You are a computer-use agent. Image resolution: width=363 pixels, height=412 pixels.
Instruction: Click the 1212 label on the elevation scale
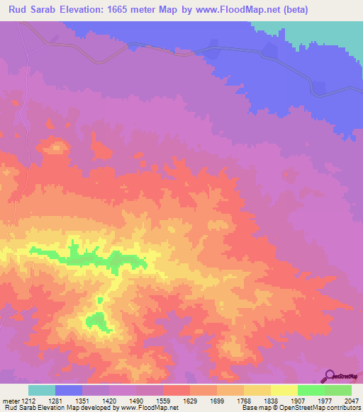(x=25, y=401)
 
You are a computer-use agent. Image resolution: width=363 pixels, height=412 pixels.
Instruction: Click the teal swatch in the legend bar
(x=41, y=390)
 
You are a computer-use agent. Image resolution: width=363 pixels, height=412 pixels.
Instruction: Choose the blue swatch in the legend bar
(x=69, y=390)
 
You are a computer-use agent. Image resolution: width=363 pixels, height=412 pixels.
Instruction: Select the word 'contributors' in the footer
(x=342, y=408)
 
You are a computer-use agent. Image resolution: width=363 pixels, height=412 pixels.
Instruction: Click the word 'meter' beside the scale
(x=9, y=401)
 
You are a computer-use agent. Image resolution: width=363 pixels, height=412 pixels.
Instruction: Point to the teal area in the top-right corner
(x=333, y=32)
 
